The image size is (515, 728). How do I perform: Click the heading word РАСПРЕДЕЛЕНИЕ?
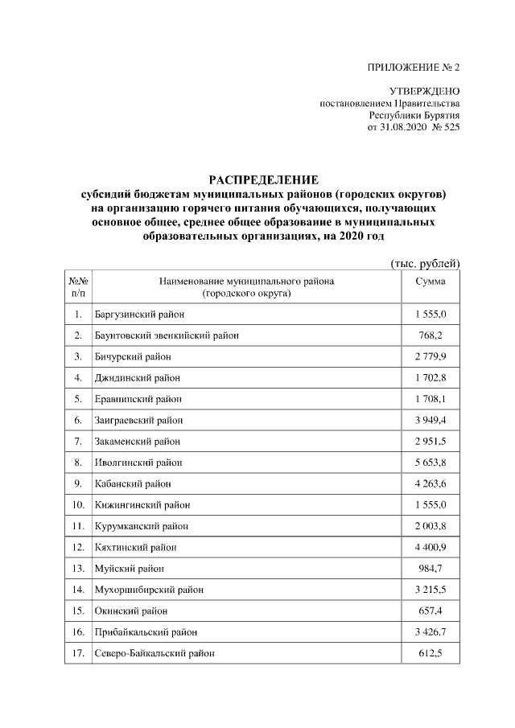(264, 179)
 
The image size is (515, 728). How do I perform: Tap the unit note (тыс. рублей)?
(424, 263)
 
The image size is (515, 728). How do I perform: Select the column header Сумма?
(430, 282)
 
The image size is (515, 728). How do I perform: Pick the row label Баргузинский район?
(135, 314)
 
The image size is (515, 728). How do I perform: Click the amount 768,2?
(430, 335)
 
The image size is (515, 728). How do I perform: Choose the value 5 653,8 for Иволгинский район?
(430, 463)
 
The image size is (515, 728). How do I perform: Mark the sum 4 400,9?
(430, 547)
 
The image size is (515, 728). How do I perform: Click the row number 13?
(77, 569)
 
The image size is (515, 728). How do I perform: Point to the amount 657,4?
(430, 611)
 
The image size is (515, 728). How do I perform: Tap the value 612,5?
(430, 653)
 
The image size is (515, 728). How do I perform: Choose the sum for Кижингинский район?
(430, 504)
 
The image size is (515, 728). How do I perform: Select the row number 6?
(77, 420)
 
